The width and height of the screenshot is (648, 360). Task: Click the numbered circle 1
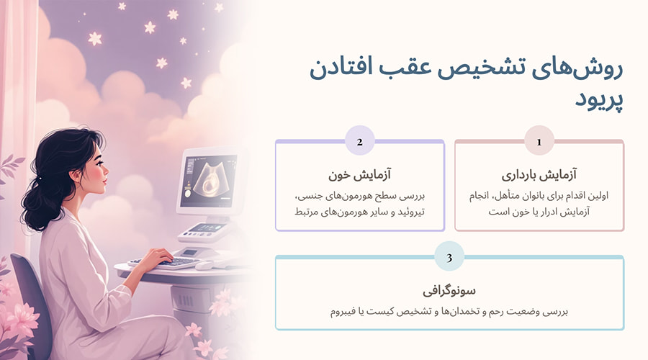pos(539,141)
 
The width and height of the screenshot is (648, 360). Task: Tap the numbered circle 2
pos(359,141)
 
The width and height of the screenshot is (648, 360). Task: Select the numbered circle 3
pos(449,256)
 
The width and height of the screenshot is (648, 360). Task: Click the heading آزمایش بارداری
pos(539,175)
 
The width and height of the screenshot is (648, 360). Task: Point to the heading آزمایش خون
pos(359,175)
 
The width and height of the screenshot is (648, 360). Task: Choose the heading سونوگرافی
pos(449,291)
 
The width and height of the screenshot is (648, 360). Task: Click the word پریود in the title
pos(598,101)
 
